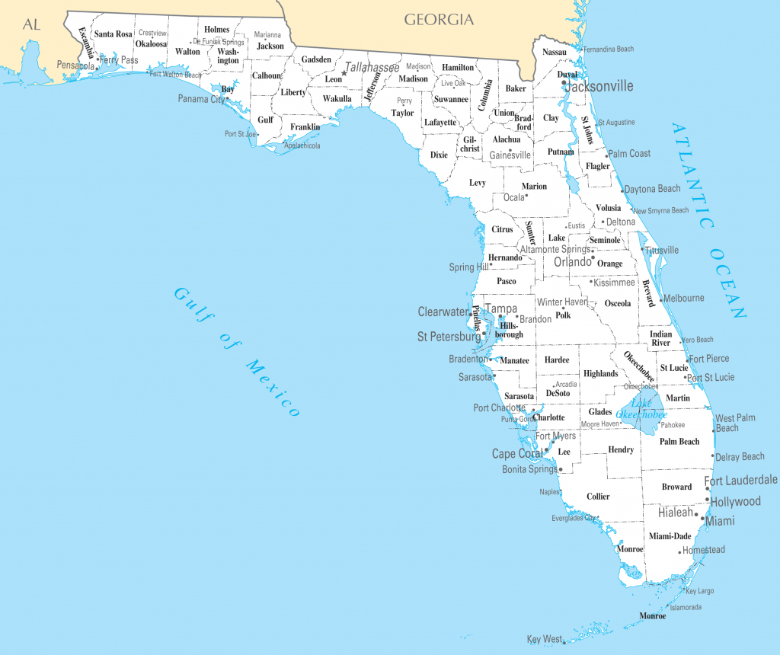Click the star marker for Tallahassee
coord(344,73)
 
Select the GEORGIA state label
coord(439,20)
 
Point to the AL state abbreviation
coord(31,25)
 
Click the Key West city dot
coord(564,642)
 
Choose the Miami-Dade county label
coord(670,536)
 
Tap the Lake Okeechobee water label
coord(641,409)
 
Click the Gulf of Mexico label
coord(237,351)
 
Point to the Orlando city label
coord(572,262)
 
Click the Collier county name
coord(598,497)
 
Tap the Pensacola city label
coord(75,66)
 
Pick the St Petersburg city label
coord(449,336)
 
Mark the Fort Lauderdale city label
coord(740,480)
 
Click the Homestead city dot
coord(679,552)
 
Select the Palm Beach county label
coord(679,442)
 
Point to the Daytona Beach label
coord(652,189)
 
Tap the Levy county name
coord(477,183)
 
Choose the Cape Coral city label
coord(517,454)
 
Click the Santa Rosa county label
coord(113,34)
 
